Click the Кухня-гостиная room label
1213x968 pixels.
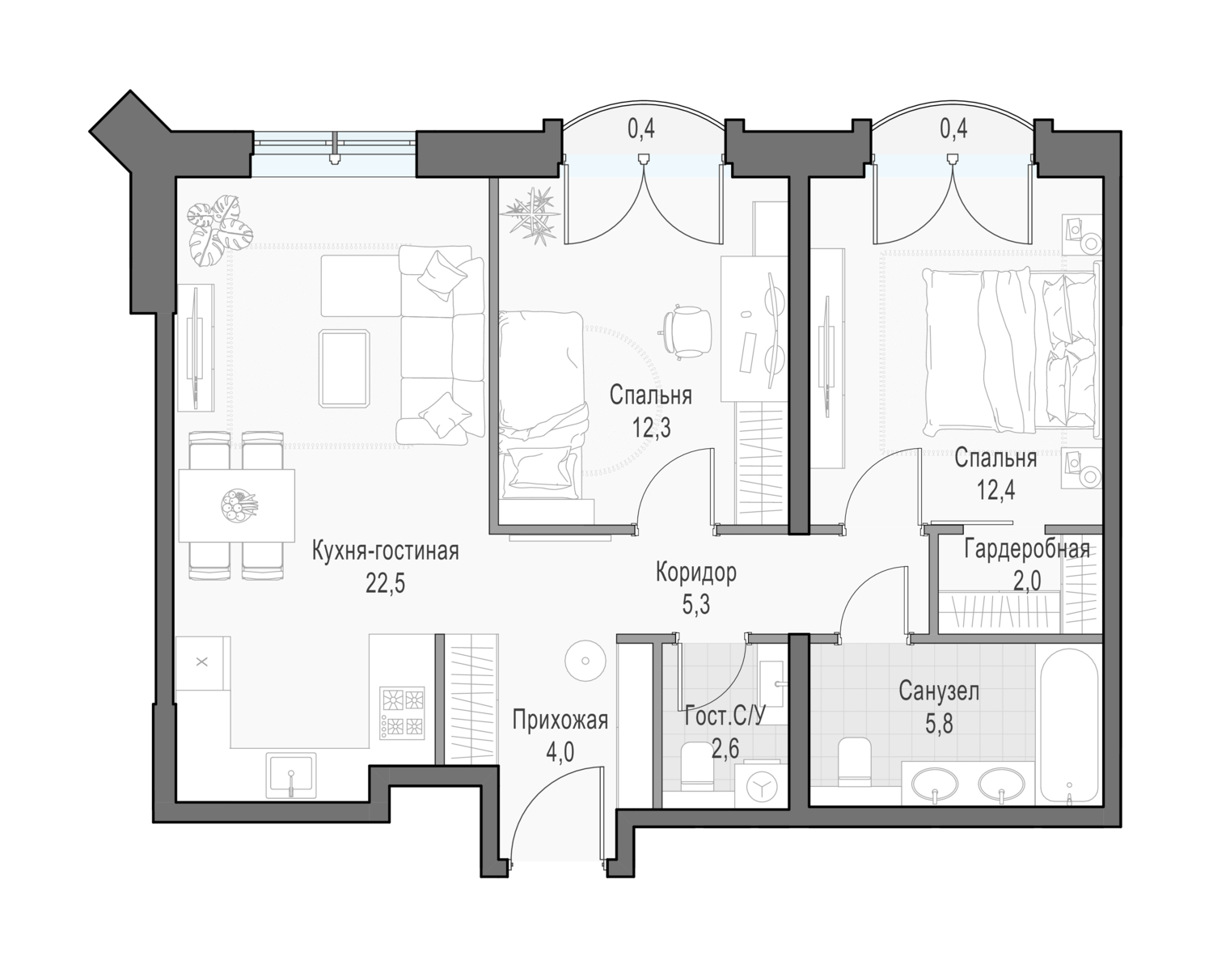[x=386, y=552]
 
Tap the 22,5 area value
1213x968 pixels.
[x=386, y=584]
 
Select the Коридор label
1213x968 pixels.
[x=696, y=573]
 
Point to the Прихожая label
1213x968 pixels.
[x=560, y=721]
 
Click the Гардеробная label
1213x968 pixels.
[x=1027, y=549]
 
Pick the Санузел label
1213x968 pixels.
[x=939, y=691]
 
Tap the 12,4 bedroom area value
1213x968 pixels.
[x=996, y=491]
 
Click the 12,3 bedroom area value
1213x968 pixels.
[x=651, y=429]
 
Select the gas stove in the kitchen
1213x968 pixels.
[x=403, y=712]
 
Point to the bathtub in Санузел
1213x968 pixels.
[x=1069, y=728]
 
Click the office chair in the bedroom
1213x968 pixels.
[x=686, y=332]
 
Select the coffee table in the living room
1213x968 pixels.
[x=344, y=369]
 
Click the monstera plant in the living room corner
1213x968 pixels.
[x=219, y=230]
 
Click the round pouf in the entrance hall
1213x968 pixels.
[x=586, y=660]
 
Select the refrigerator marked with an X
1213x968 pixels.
[x=203, y=662]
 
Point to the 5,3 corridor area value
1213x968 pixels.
[x=696, y=605]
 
